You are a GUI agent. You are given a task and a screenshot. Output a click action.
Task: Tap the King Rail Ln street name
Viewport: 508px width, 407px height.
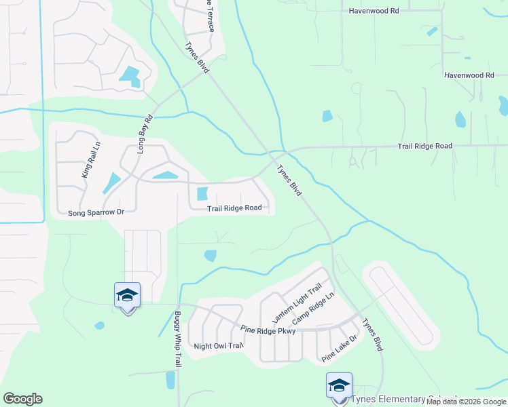tap(90, 160)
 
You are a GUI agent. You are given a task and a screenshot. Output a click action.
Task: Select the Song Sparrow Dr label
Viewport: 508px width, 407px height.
tap(96, 212)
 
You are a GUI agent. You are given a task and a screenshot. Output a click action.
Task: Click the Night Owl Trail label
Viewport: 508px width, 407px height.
tap(218, 345)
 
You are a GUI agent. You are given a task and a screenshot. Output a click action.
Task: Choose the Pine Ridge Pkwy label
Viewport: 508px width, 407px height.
tap(268, 330)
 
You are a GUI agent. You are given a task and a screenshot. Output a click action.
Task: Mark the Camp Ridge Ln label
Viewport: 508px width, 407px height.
tap(313, 309)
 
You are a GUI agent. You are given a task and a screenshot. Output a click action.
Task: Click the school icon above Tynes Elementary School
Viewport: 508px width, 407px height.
tap(339, 386)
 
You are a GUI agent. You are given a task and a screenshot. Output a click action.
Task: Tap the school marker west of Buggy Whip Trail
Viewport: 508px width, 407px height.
tap(127, 296)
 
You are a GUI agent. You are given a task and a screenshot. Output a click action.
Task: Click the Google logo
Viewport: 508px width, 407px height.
tap(22, 399)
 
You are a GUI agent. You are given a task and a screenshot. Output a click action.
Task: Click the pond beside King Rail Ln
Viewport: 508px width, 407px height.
tap(111, 182)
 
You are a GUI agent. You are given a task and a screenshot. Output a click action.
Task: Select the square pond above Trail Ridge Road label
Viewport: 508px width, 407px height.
tap(202, 193)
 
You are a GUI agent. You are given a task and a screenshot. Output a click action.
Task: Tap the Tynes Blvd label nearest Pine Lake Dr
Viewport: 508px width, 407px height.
tap(373, 334)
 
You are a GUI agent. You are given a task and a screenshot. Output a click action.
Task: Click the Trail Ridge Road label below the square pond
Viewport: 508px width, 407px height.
tap(234, 208)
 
